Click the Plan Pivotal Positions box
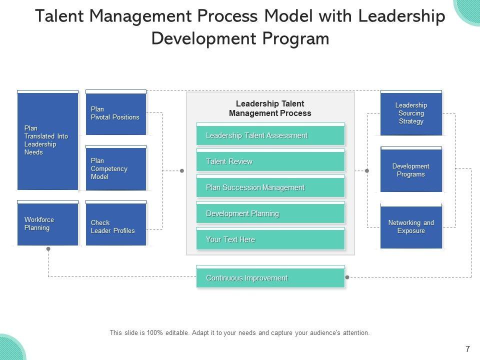115,113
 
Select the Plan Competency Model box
115,168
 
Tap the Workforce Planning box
48,224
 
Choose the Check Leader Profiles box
115,226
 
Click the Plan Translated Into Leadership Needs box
48,140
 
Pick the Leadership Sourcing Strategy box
411,113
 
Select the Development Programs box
411,170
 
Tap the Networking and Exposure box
411,227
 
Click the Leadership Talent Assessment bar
270,135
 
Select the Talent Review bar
270,161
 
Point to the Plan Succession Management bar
270,187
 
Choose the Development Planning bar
270,213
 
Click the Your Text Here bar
270,239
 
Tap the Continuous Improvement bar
270,278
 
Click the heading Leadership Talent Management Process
270,108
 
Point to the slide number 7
467,349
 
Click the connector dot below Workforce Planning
48,248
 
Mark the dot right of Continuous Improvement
347,277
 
